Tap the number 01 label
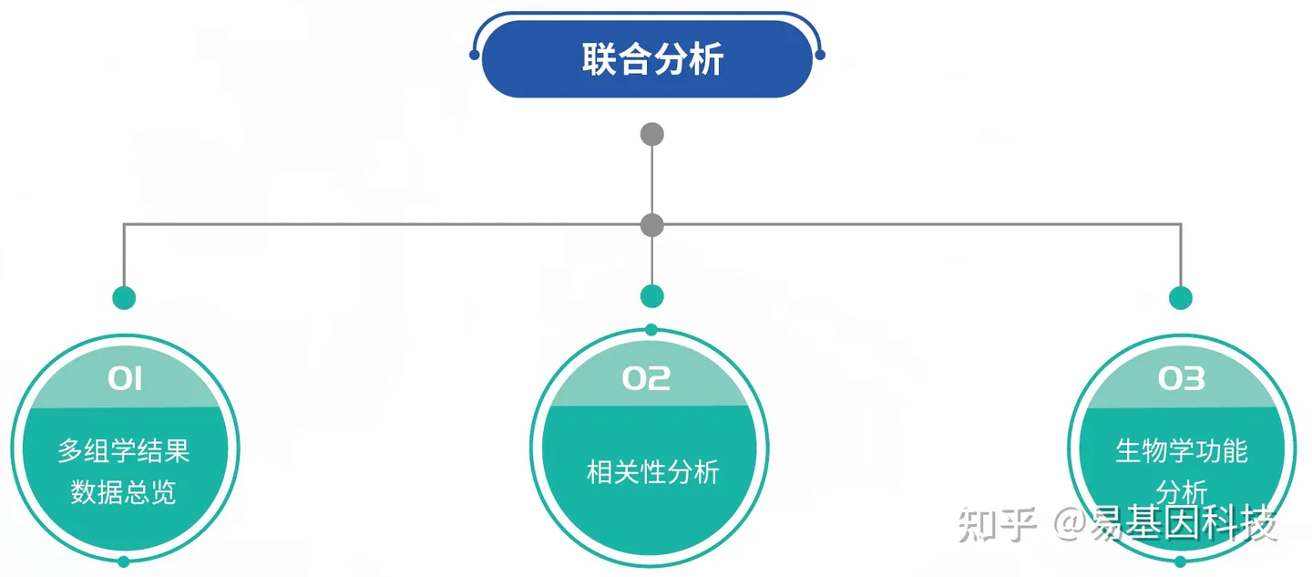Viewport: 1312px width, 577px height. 124,378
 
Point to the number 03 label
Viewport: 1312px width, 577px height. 1181,378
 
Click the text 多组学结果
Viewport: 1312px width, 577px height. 124,450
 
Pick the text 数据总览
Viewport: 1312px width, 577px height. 124,492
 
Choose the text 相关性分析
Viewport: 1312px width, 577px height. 652,472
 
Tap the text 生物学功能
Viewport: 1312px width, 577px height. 1181,450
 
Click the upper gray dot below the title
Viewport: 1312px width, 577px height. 652,135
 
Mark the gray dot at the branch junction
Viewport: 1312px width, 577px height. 652,224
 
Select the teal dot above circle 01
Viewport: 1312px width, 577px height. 124,298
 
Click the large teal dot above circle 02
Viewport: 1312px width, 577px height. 652,296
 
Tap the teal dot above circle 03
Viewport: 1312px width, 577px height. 1181,298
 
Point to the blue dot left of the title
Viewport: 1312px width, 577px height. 475,55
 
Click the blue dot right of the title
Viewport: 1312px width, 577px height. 820,55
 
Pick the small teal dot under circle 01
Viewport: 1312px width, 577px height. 124,562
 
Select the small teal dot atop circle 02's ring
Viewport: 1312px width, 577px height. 651,329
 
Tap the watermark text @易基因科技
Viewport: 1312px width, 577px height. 1166,526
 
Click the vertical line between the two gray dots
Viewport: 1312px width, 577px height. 652,180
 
